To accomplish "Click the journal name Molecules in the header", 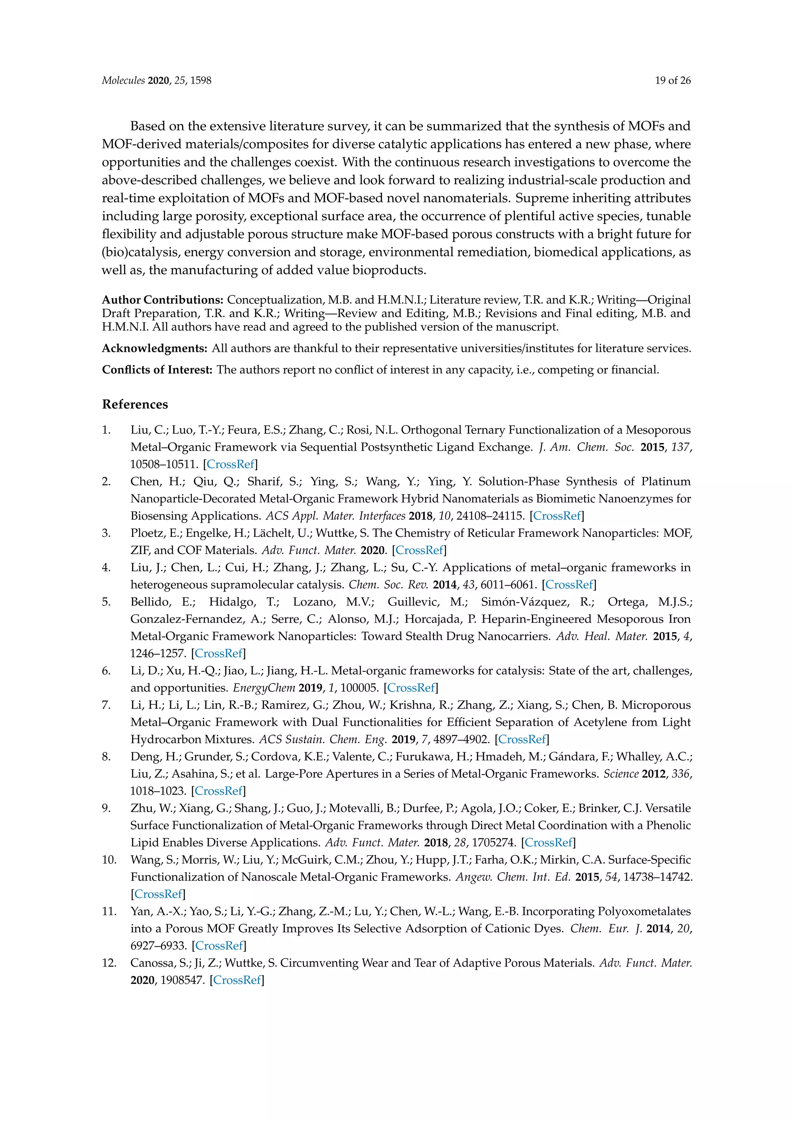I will [x=123, y=81].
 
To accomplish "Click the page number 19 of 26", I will [x=673, y=81].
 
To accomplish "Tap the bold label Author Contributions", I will [x=163, y=300].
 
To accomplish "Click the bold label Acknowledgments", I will [x=155, y=349].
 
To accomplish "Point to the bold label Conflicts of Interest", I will [x=157, y=370].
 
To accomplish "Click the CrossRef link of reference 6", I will [x=411, y=687].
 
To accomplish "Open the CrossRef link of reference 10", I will [x=158, y=894].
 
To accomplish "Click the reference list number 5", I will [x=106, y=602].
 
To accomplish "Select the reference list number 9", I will [x=106, y=808].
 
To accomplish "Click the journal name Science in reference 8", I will [x=621, y=774].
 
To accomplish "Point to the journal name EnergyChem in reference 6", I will [x=264, y=687].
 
